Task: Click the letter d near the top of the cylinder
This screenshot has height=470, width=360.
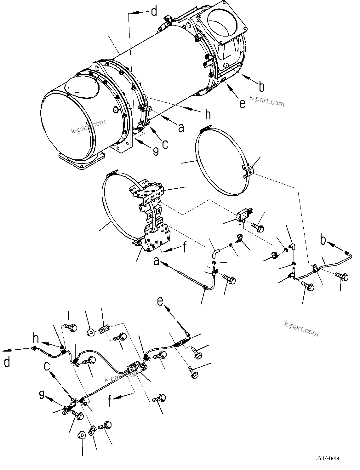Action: point(154,12)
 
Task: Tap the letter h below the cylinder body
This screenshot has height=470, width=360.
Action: point(208,115)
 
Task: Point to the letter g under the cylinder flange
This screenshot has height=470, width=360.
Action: point(156,151)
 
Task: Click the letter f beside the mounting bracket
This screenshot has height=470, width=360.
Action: point(185,248)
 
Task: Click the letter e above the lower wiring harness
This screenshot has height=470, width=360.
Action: point(161,301)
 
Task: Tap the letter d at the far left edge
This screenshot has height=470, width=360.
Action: point(7,362)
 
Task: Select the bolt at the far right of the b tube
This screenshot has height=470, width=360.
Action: point(342,276)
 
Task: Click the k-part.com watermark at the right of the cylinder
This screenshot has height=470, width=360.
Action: point(267,100)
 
